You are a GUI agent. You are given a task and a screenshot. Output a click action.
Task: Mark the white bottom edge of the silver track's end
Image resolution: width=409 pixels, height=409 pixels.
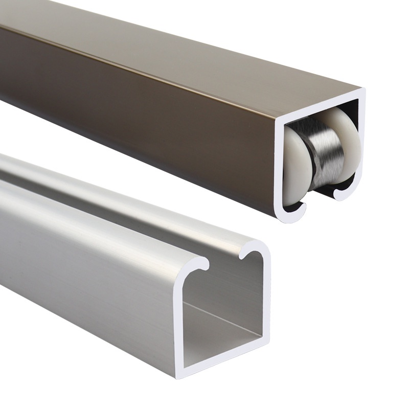pos(225,353)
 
